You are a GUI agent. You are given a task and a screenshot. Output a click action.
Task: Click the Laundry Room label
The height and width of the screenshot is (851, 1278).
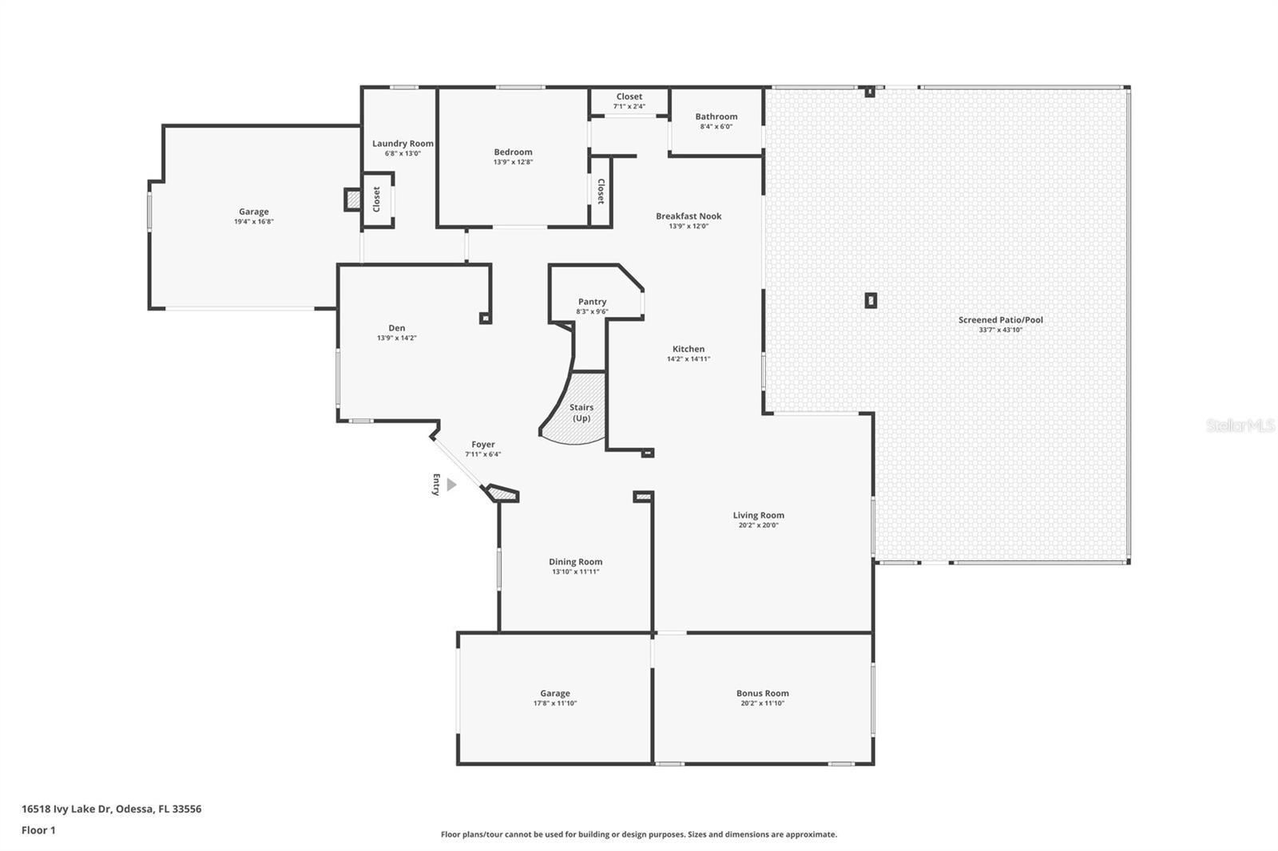(403, 144)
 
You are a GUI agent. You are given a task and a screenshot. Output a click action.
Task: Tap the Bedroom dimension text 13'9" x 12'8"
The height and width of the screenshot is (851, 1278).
(513, 162)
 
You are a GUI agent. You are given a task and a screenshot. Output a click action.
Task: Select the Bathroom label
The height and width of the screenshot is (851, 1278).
(716, 117)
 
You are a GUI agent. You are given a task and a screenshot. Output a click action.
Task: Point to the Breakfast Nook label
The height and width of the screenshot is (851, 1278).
(689, 216)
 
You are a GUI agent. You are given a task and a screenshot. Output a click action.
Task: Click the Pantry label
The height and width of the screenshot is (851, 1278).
(592, 302)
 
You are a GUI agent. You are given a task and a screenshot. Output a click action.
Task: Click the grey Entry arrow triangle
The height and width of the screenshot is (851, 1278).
(451, 485)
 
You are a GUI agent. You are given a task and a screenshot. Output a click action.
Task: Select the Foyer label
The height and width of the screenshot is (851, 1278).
(482, 445)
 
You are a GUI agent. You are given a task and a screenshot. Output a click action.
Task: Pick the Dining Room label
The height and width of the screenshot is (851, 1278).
(575, 561)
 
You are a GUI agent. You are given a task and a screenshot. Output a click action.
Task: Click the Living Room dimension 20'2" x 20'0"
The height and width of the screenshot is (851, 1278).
(758, 525)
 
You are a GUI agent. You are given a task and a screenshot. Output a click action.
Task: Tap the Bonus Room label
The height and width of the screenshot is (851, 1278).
(762, 693)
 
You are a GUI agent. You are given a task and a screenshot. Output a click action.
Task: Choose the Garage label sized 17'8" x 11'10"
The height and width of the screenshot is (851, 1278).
(554, 693)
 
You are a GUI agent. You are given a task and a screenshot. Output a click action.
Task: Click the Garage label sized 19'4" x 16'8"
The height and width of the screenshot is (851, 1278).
(253, 212)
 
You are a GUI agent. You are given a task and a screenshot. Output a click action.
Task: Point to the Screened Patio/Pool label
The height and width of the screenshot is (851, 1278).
(1000, 319)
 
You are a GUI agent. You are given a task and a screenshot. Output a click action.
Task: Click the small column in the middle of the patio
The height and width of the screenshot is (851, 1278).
(871, 300)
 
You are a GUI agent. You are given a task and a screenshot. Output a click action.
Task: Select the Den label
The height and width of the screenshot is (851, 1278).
(396, 327)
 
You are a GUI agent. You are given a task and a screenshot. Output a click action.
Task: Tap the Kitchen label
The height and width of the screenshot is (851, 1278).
(688, 349)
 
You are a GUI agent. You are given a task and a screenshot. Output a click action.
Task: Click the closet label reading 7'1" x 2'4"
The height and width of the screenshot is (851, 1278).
(629, 106)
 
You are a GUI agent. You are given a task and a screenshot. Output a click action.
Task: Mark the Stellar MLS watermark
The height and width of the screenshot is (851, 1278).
(1240, 425)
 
